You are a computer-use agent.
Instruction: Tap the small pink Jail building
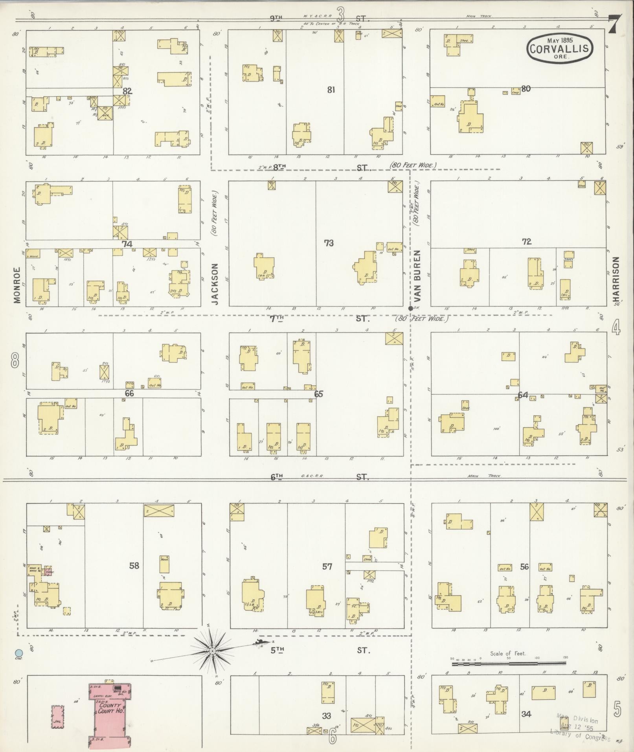click(58, 717)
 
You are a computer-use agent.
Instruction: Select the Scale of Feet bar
click(509, 664)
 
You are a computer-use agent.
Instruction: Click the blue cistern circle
click(18, 652)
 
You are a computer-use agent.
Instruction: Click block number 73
click(329, 243)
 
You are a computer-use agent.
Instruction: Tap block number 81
click(331, 90)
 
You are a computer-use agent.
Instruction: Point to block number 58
click(134, 565)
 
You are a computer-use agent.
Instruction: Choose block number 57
click(327, 566)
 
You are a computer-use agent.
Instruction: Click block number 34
click(526, 714)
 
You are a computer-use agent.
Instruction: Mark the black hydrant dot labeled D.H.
click(411, 309)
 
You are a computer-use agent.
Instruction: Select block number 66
click(129, 393)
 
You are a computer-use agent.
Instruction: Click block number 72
click(527, 242)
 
